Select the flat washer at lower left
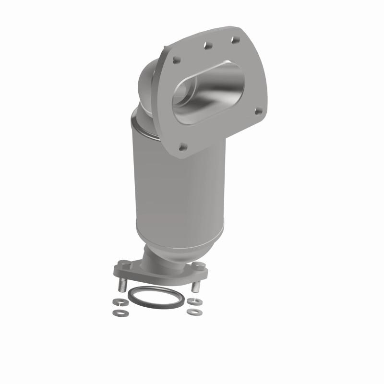(117, 312)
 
